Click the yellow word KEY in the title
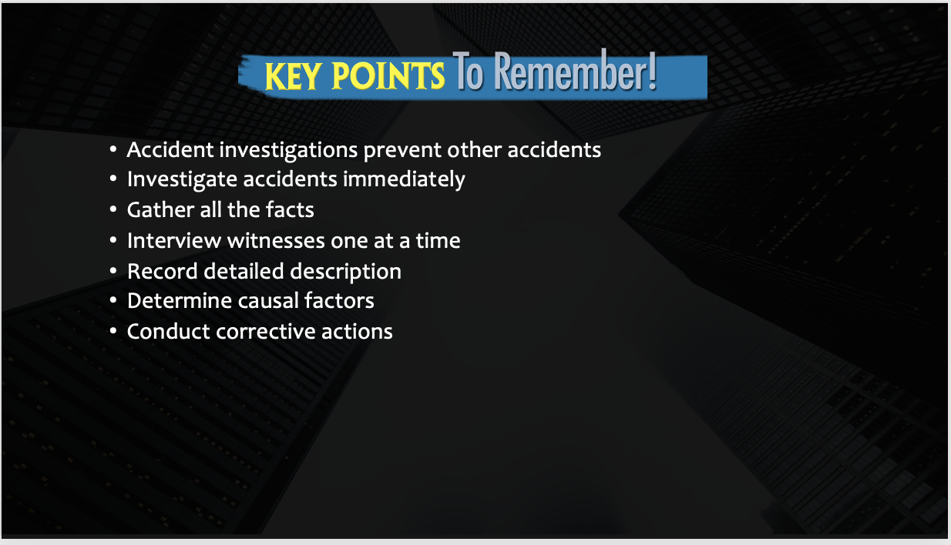(293, 76)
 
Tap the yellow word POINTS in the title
(388, 75)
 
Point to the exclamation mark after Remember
(652, 71)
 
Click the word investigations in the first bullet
(289, 151)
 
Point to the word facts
(290, 209)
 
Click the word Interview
(174, 241)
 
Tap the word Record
(163, 272)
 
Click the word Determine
(180, 301)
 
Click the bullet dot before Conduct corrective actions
(113, 331)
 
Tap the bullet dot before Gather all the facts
(113, 209)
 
